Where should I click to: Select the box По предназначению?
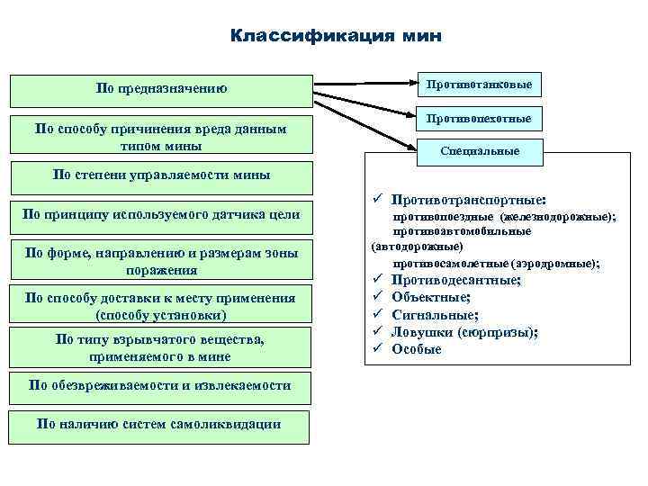(161, 89)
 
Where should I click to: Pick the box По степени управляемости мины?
(161, 174)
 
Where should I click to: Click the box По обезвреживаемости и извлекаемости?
(160, 385)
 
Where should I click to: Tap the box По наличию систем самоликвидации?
(159, 424)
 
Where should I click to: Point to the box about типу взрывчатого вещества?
(160, 346)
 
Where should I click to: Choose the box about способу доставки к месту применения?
(160, 306)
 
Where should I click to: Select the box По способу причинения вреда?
(161, 137)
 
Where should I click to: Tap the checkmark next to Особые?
(379, 348)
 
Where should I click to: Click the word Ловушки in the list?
(423, 331)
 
